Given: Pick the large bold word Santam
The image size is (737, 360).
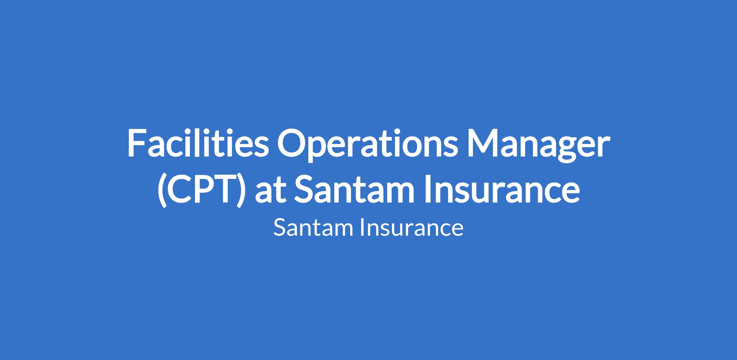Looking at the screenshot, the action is [x=354, y=188].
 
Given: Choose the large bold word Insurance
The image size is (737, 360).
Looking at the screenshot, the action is [x=502, y=188].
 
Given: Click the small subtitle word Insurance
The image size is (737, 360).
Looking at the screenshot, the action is [x=412, y=228].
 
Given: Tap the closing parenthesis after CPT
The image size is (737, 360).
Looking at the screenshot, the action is [x=241, y=190].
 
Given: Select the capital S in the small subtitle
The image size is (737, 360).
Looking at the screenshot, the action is [x=280, y=227].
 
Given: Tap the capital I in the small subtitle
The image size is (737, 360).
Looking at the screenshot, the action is [x=363, y=227].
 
